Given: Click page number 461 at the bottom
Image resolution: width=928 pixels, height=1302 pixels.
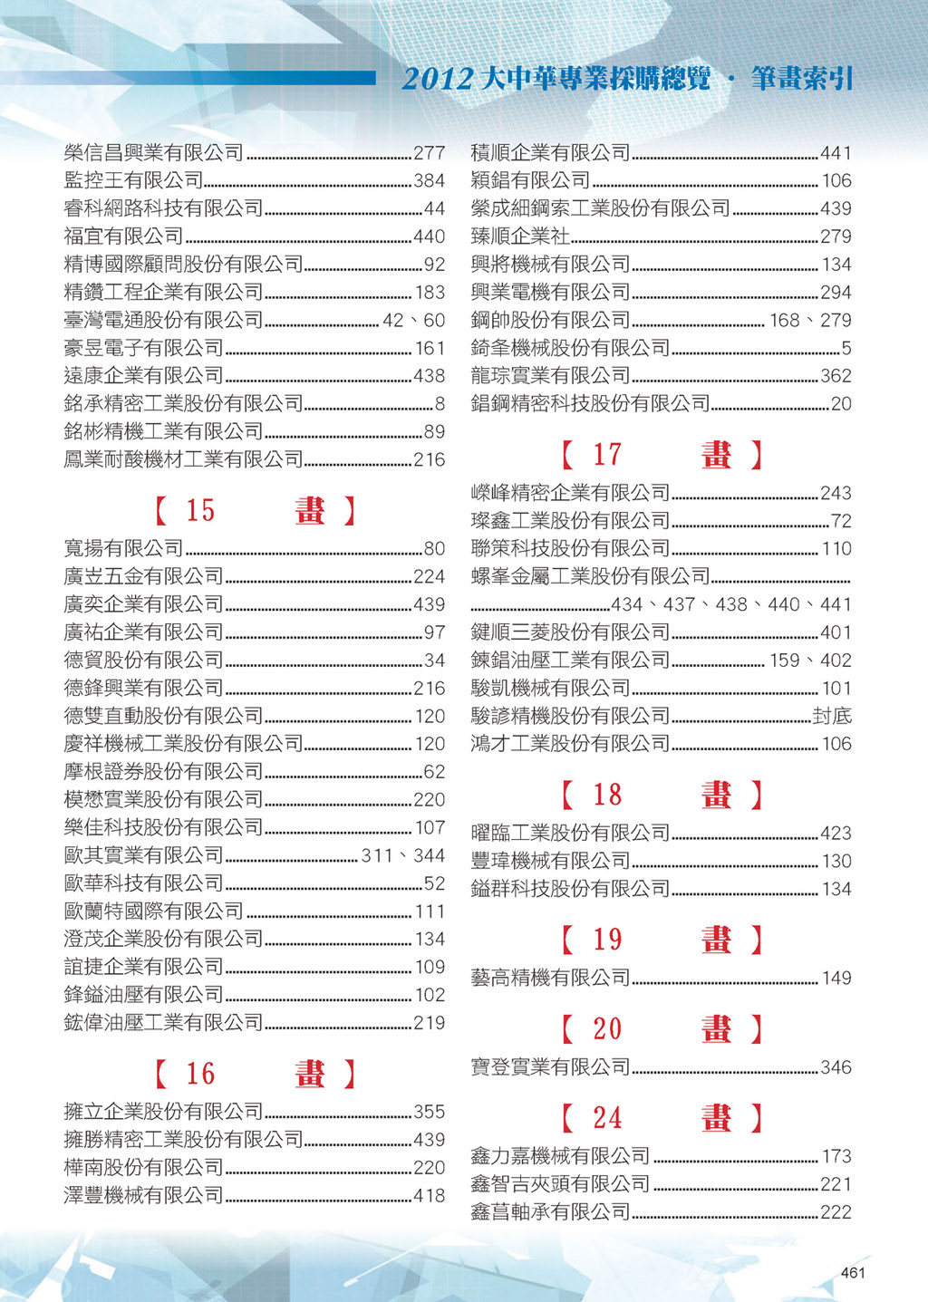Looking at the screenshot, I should pyautogui.click(x=853, y=1272).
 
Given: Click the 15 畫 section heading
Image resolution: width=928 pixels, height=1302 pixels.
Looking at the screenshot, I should pyautogui.click(x=255, y=511).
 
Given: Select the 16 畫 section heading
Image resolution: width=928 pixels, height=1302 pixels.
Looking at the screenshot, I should pyautogui.click(x=255, y=1075).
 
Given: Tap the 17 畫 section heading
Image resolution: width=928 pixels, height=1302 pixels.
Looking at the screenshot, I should pyautogui.click(x=662, y=455).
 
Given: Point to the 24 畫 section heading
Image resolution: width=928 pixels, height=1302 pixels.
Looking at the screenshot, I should pyautogui.click(x=662, y=1118).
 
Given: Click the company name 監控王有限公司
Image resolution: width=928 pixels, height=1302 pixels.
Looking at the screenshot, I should pyautogui.click(x=134, y=180).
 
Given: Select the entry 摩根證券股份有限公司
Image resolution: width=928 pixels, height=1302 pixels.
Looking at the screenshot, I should pyautogui.click(x=163, y=771).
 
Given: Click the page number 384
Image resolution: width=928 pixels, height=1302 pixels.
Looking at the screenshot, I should pyautogui.click(x=429, y=181).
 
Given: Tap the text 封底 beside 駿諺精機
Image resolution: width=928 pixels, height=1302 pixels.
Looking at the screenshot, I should pyautogui.click(x=832, y=716).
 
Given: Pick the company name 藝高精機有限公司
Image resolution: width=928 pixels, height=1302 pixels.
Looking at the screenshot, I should pyautogui.click(x=550, y=978).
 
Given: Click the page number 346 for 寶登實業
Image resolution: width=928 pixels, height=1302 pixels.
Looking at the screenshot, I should pyautogui.click(x=836, y=1067).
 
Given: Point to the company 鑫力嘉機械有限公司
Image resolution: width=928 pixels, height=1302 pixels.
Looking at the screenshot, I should pyautogui.click(x=560, y=1156).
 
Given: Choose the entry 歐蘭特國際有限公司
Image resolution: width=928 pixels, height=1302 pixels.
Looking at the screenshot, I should pyautogui.click(x=153, y=911).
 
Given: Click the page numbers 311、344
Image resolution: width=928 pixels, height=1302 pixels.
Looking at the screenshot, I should pyautogui.click(x=403, y=855).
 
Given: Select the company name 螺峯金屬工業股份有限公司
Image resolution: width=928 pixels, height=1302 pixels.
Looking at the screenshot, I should pyautogui.click(x=590, y=576).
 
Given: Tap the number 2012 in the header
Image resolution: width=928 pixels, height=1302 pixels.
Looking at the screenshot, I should pyautogui.click(x=437, y=80).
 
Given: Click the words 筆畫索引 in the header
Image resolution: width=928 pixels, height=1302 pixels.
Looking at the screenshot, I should pyautogui.click(x=802, y=80).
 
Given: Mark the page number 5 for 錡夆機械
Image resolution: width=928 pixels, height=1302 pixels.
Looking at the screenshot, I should pyautogui.click(x=846, y=348).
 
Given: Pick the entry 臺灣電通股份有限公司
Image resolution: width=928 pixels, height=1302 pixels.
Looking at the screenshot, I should pyautogui.click(x=163, y=320).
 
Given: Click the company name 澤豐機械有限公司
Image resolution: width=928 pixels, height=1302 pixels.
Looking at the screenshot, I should pyautogui.click(x=143, y=1195).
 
